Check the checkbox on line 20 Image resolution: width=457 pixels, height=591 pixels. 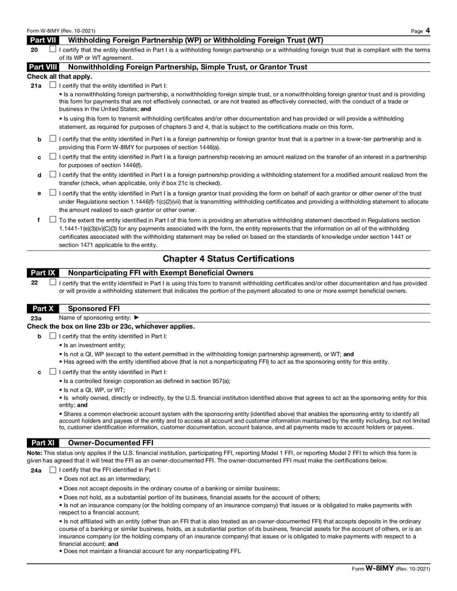[53, 49]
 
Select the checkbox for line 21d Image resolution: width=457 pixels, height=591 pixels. [53, 175]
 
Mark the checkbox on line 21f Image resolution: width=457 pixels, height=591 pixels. [53, 219]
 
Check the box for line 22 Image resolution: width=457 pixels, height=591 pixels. [53, 282]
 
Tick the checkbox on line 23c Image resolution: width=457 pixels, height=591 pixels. [53, 372]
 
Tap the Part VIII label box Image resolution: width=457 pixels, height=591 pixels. [43, 67]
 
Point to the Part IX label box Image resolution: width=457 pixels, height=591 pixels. [42, 272]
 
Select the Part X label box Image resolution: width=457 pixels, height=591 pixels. [42, 308]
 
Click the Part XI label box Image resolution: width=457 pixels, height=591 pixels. [42, 443]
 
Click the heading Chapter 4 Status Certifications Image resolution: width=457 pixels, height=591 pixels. [228, 259]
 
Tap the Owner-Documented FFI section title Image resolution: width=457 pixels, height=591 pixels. [110, 443]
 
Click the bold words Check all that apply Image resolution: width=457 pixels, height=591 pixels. [59, 76]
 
